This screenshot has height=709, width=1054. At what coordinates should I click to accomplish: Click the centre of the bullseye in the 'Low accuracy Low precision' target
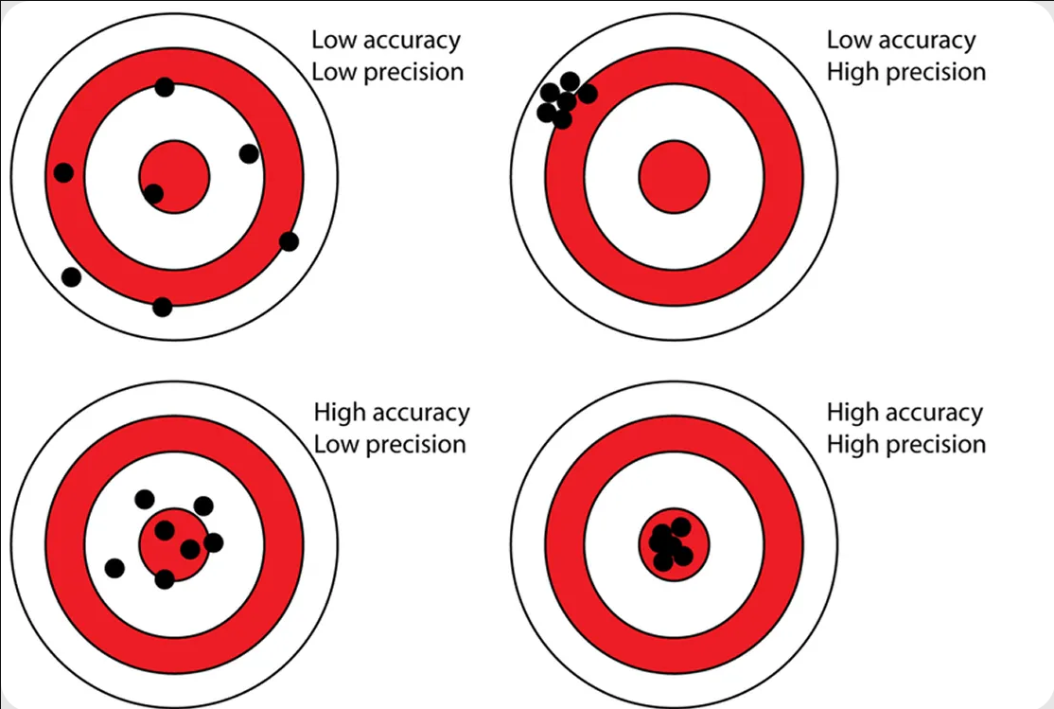pyautogui.click(x=174, y=177)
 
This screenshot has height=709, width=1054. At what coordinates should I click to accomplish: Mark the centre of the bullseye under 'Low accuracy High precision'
pyautogui.click(x=675, y=177)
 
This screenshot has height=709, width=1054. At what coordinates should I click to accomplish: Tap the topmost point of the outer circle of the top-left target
pyautogui.click(x=174, y=14)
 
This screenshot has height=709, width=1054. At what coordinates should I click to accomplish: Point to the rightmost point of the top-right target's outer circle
pyautogui.click(x=838, y=177)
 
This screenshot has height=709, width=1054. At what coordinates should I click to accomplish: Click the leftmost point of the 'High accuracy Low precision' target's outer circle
pyautogui.click(x=10, y=545)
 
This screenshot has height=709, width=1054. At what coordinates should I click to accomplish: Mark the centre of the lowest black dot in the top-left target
pyautogui.click(x=162, y=307)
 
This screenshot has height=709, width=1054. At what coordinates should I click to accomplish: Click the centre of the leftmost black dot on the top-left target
pyautogui.click(x=63, y=172)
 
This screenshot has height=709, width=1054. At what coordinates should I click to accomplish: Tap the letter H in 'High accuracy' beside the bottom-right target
pyautogui.click(x=834, y=412)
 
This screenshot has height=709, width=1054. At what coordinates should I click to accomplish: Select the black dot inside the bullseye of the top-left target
pyautogui.click(x=153, y=194)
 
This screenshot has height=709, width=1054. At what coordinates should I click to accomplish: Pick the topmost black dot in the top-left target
pyautogui.click(x=164, y=87)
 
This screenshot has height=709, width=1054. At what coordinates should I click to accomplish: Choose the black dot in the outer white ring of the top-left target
pyautogui.click(x=71, y=276)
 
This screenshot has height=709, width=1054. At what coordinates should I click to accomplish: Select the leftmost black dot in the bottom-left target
pyautogui.click(x=114, y=568)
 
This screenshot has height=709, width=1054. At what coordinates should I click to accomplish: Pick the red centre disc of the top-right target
pyautogui.click(x=675, y=177)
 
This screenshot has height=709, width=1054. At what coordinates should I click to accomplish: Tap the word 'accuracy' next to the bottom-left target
pyautogui.click(x=420, y=413)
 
